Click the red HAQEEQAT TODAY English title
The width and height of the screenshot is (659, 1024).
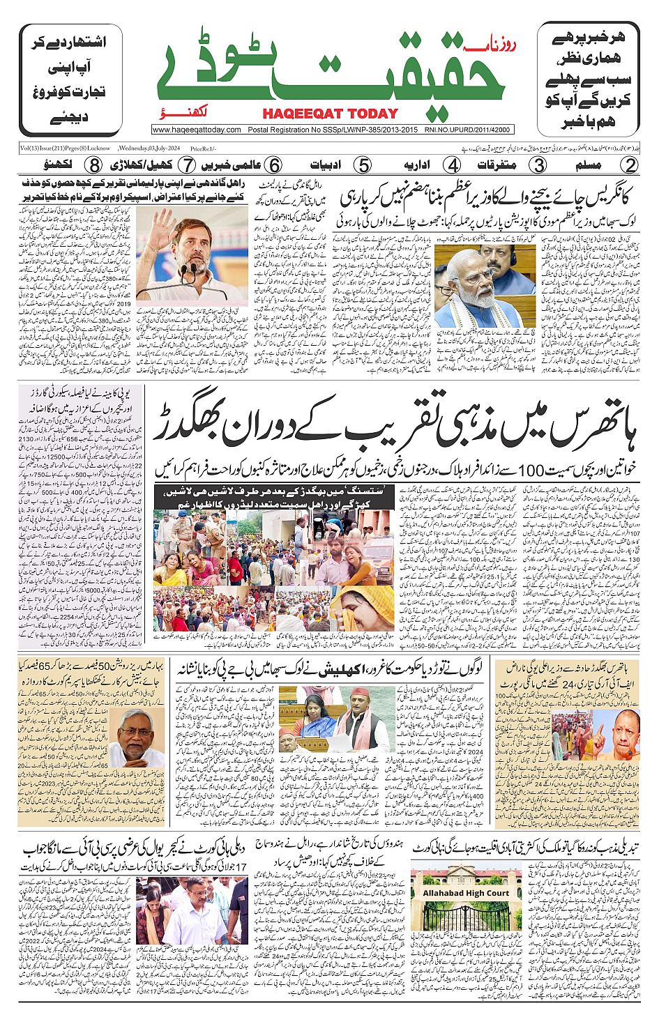pos(330,114)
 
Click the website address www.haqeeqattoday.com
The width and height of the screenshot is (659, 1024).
pos(197,130)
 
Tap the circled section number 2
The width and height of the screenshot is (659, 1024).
pos(630,166)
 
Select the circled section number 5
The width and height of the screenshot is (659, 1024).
pos(363,166)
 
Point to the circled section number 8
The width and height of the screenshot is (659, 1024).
pos(93,166)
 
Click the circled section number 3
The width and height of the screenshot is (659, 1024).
pos(538,166)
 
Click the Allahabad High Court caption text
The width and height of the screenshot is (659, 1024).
pos(466,893)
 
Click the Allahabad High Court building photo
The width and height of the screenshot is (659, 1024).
pos(466,899)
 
